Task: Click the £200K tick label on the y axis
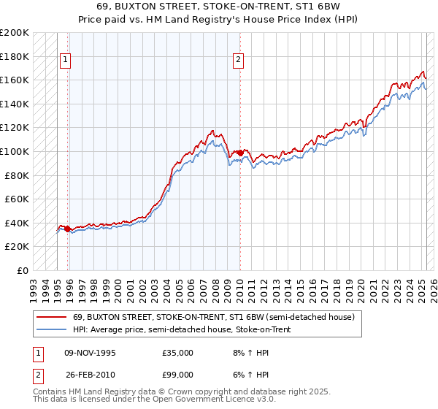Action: pos(15,33)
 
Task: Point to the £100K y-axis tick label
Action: pos(15,151)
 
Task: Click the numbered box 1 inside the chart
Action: pos(66,61)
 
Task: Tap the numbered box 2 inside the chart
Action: pos(238,61)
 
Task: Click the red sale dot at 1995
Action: pos(68,229)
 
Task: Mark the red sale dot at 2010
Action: pos(240,153)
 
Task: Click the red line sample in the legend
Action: pos(52,317)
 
